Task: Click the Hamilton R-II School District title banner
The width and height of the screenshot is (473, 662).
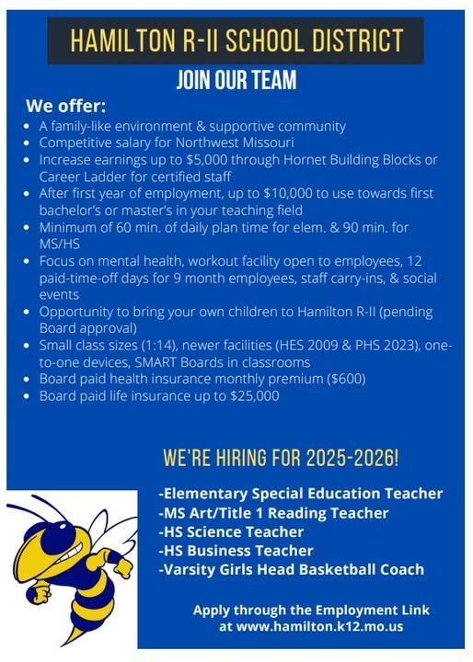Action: (x=236, y=40)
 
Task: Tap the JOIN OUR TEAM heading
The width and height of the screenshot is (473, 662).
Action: (x=236, y=81)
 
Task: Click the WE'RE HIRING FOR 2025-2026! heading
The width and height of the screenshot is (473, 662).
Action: (x=281, y=457)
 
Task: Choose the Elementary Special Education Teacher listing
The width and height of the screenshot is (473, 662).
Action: (x=301, y=494)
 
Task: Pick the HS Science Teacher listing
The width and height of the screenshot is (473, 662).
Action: (x=231, y=531)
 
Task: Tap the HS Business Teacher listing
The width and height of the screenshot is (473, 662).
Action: (x=236, y=551)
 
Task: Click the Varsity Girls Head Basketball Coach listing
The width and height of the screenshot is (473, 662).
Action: (x=292, y=570)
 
